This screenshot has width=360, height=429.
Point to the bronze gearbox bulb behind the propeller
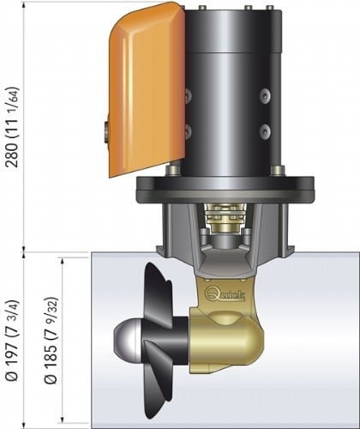[x=231, y=339]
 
